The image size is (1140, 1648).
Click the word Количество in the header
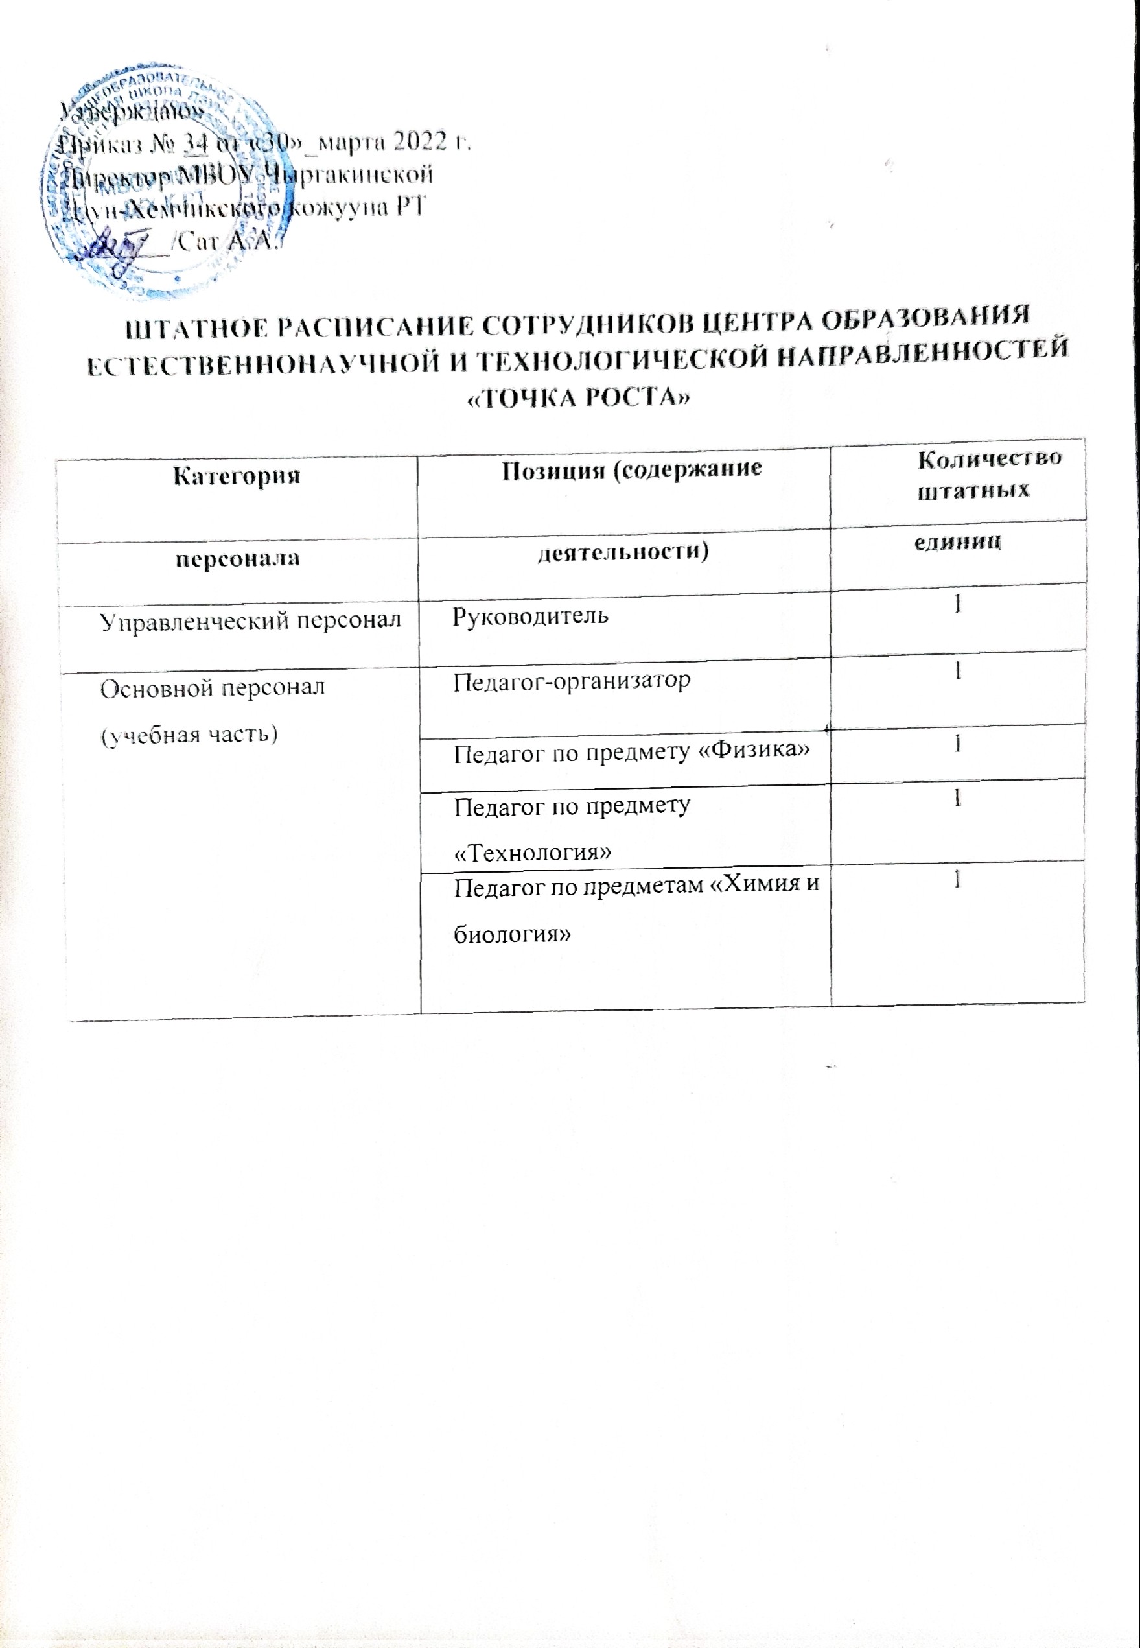989,458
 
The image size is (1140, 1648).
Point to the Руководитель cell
531,615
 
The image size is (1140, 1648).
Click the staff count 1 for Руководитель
957,604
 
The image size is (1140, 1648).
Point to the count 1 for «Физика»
957,744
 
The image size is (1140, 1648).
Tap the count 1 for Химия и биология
957,881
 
